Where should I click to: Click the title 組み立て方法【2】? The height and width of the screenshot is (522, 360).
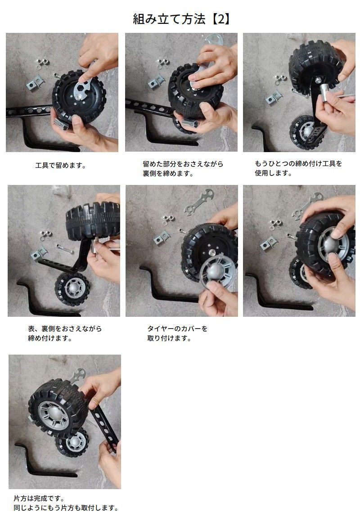(x=181, y=19)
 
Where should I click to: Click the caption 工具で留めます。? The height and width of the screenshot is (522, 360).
(x=61, y=166)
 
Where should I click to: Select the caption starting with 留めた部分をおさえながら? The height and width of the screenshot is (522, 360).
(x=183, y=169)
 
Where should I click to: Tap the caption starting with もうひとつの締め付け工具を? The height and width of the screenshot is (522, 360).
(x=298, y=168)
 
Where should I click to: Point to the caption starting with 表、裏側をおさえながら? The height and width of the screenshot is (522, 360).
(x=65, y=333)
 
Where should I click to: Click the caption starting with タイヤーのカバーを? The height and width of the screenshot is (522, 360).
(x=177, y=333)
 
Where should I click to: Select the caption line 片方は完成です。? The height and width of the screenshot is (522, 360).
(x=39, y=499)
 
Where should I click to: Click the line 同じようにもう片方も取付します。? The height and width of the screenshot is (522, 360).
(x=66, y=508)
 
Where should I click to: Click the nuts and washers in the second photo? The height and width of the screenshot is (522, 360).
(x=163, y=63)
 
